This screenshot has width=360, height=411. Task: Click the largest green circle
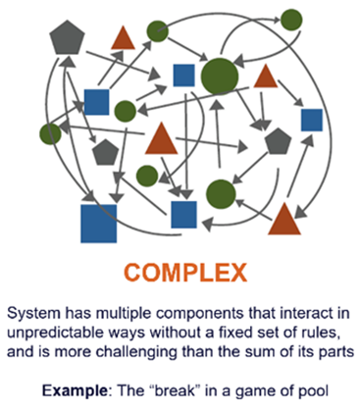tap(220, 77)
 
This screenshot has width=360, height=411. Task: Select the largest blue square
tap(99, 224)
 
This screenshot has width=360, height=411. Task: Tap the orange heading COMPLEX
tap(185, 273)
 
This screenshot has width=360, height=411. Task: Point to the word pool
tap(314, 390)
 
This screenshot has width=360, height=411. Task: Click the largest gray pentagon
tap(67, 38)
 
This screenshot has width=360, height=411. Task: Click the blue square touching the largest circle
tap(183, 76)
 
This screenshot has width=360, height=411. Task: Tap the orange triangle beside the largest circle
tap(266, 77)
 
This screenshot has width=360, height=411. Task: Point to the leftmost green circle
tap(50, 133)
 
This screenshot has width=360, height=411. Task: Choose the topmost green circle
tap(291, 20)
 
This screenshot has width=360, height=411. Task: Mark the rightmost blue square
tap(312, 120)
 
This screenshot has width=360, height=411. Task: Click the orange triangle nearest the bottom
tap(284, 220)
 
